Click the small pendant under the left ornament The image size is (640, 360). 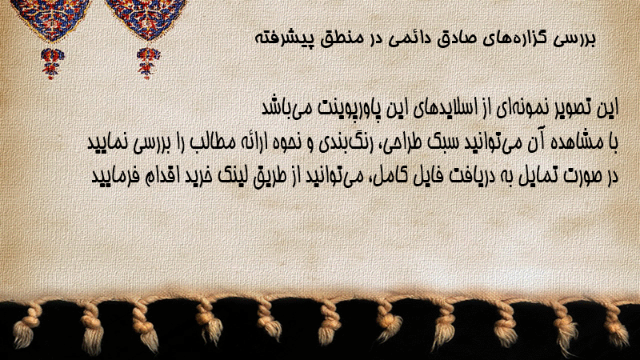pos(51,63)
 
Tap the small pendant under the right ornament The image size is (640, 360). pos(148,63)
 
